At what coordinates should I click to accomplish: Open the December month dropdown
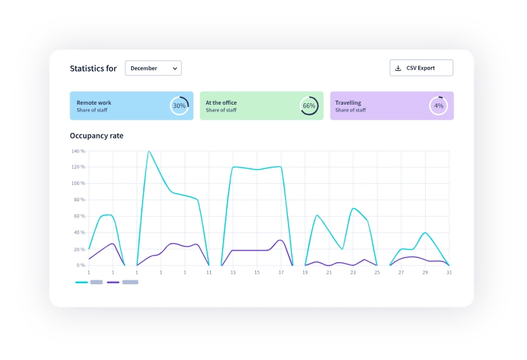pos(153,68)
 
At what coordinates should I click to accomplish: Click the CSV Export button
pos(421,68)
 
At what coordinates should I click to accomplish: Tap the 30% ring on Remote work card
pos(179,106)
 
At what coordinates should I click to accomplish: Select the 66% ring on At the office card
pos(309,106)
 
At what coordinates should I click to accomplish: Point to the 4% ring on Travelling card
pos(438,106)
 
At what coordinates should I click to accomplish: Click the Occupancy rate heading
pos(97,136)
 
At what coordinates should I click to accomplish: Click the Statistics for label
pos(93,68)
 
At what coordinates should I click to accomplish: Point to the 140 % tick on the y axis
pos(78,151)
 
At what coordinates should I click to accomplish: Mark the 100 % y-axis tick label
pos(78,184)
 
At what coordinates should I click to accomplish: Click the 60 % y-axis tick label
pos(78,216)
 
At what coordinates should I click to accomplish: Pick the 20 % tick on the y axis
pos(78,249)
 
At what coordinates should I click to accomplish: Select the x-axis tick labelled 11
pos(209,272)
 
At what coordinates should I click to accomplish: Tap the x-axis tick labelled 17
pos(281,272)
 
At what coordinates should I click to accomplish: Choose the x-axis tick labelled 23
pos(353,272)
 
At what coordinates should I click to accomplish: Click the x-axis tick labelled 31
pos(449,272)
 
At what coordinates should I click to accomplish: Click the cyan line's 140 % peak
pos(148,151)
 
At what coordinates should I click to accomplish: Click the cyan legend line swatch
pos(82,282)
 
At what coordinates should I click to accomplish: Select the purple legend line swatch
pos(114,282)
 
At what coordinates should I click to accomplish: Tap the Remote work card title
pos(94,103)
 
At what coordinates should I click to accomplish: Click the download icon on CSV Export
pos(398,68)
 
